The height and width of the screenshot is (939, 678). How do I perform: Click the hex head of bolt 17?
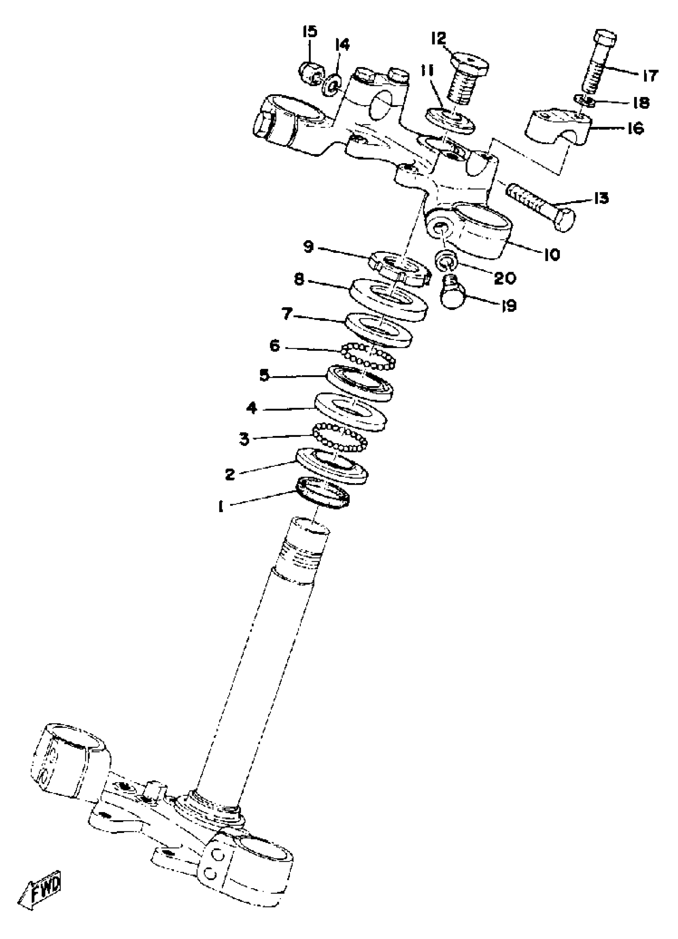click(606, 39)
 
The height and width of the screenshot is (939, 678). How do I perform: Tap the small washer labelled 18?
click(584, 100)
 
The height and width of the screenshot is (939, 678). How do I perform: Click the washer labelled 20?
click(445, 259)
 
